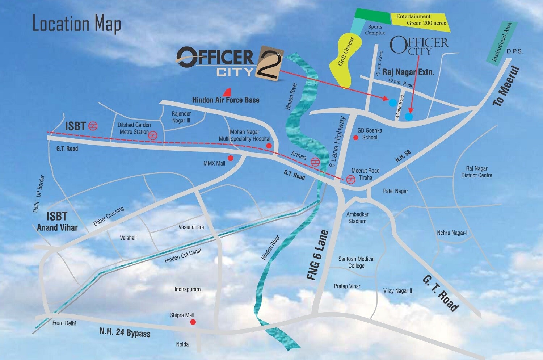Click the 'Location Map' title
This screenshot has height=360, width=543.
pyautogui.click(x=77, y=24)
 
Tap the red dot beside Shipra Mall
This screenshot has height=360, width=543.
pyautogui.click(x=193, y=322)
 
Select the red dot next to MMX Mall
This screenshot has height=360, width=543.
pyautogui.click(x=230, y=158)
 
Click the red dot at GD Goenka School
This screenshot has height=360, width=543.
pyautogui.click(x=356, y=138)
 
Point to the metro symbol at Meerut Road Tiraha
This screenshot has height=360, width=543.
pyautogui.click(x=350, y=179)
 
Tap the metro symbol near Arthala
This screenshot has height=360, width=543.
pyautogui.click(x=315, y=162)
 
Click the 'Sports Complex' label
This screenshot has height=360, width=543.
pyautogui.click(x=375, y=30)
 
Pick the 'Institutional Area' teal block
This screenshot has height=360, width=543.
pyautogui.click(x=502, y=42)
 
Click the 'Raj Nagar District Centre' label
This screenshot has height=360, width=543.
pyautogui.click(x=476, y=172)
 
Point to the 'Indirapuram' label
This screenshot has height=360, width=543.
pyautogui.click(x=188, y=289)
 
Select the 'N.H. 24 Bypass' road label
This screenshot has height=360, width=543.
pyautogui.click(x=125, y=332)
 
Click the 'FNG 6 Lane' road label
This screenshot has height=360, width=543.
pyautogui.click(x=317, y=255)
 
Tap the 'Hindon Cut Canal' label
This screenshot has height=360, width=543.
pyautogui.click(x=183, y=256)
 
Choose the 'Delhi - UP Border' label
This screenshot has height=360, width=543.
pyautogui.click(x=38, y=194)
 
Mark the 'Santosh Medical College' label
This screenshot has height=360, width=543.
pyautogui.click(x=356, y=262)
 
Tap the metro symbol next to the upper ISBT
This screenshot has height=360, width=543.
pyautogui.click(x=93, y=126)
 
